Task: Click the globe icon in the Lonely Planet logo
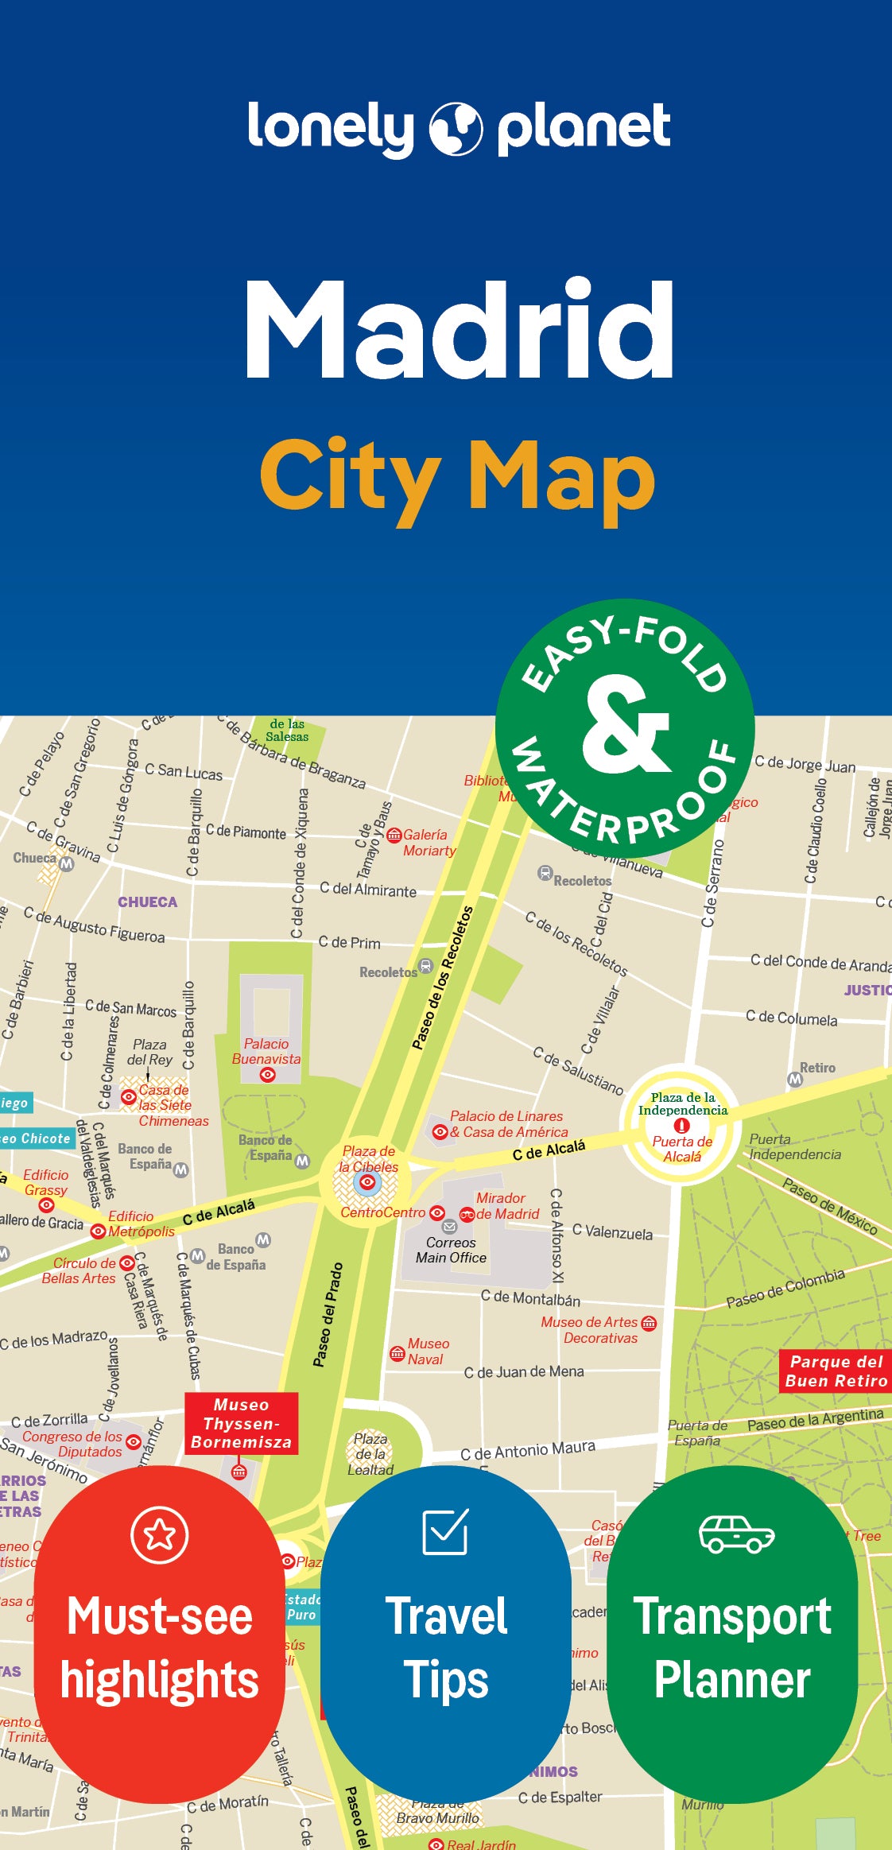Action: (x=456, y=128)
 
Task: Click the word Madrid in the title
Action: (x=460, y=329)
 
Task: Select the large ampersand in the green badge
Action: (x=626, y=724)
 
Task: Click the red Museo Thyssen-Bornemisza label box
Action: (x=242, y=1423)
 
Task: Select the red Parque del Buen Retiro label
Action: (x=836, y=1371)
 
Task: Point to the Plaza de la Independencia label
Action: (x=682, y=1103)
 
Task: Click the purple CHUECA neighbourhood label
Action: (x=148, y=902)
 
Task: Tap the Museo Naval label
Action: (x=428, y=1351)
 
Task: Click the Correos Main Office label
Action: (x=451, y=1250)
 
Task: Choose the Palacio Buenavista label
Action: (x=266, y=1051)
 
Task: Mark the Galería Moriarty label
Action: (x=428, y=843)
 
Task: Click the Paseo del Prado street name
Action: (x=328, y=1315)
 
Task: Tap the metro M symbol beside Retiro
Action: (x=794, y=1079)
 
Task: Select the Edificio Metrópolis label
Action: (x=140, y=1224)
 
